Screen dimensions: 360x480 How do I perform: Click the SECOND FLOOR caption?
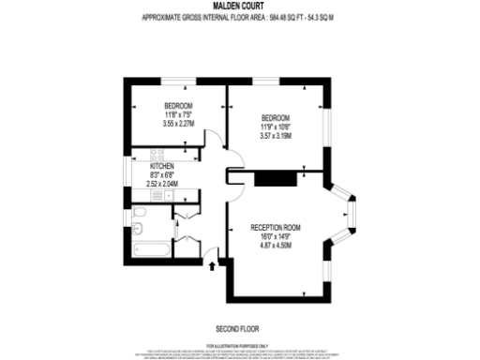click(239, 329)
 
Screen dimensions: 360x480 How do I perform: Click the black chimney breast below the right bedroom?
click(275, 178)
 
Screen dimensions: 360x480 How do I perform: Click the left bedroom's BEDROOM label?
click(178, 105)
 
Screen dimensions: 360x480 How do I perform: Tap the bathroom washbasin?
click(139, 217)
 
